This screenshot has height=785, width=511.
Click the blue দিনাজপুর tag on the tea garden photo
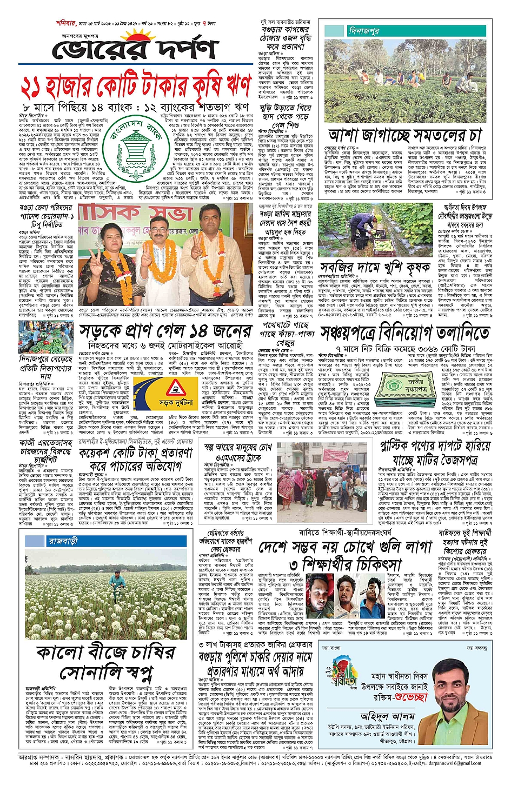tap(364, 31)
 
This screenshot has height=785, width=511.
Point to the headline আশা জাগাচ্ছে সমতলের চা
tap(404, 134)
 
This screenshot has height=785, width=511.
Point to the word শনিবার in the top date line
tap(66, 23)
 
